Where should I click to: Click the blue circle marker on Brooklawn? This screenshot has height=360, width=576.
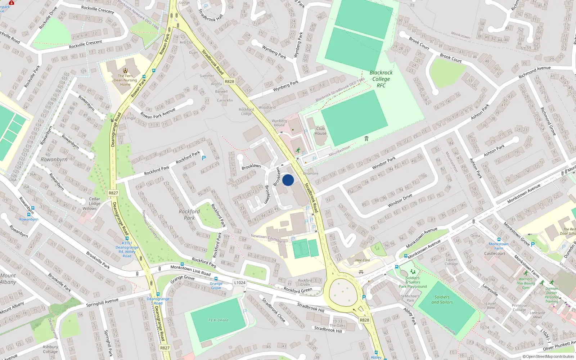tap(288, 180)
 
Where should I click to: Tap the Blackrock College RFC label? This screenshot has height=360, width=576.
tap(381, 79)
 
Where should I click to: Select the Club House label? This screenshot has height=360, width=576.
tap(320, 131)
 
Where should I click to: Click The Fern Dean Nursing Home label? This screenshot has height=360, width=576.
tap(125, 80)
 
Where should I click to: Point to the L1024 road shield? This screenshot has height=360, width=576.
tap(240, 283)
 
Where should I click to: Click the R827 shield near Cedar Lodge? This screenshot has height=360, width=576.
tap(113, 193)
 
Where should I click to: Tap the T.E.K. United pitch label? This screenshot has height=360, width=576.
tap(218, 320)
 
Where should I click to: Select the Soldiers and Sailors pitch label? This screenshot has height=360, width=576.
tap(442, 300)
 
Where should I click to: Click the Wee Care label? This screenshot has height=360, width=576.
tap(363, 260)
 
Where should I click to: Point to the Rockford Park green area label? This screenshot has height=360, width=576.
tap(189, 215)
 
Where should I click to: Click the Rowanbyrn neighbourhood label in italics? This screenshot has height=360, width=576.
tap(54, 159)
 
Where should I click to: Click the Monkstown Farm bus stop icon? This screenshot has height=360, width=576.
tap(499, 239)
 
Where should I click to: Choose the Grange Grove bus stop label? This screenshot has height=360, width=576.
tap(216, 285)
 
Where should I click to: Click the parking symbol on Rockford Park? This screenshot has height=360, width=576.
tap(204, 158)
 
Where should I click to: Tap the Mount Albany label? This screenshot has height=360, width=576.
tap(8, 279)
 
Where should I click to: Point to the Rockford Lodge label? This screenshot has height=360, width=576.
tap(246, 112)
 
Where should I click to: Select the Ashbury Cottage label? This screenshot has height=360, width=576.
tap(50, 349)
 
